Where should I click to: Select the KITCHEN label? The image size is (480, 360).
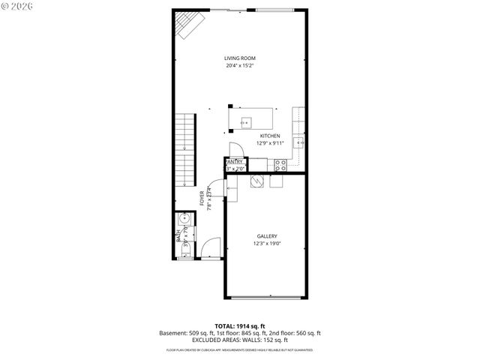pos(249,136)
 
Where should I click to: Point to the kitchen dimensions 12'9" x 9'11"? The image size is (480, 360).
pos(249,142)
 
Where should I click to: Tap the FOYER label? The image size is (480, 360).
pos(202,198)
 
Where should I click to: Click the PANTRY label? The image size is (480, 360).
pos(234,161)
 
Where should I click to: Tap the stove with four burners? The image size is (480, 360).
pos(280,164)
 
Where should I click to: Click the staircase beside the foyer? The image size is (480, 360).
pos(185,151)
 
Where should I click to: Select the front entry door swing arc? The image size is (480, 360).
pos(211,247)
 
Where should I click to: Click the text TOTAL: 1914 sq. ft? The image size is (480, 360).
pos(240,325)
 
